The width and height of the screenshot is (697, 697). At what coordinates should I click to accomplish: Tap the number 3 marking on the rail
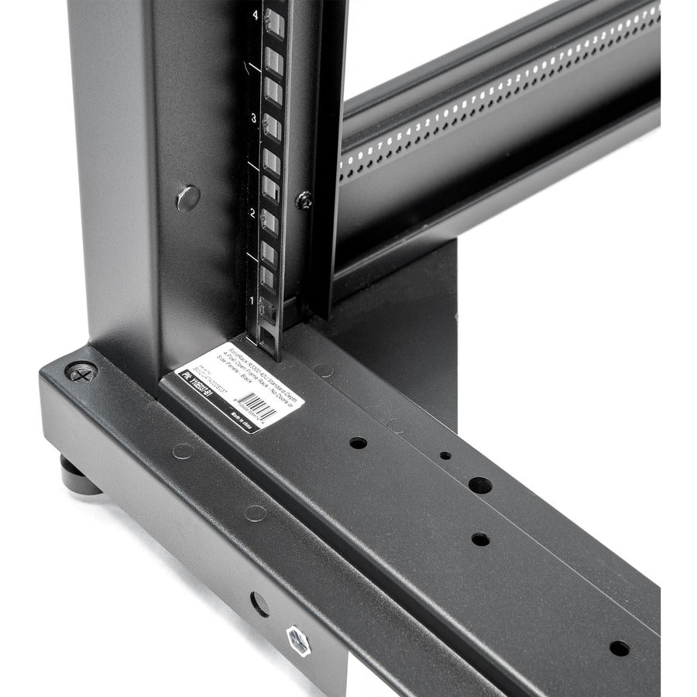coord(254,118)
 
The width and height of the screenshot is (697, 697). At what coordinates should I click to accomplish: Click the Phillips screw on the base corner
coord(81,372)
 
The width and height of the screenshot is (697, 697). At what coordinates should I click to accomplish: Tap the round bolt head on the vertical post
coord(187,197)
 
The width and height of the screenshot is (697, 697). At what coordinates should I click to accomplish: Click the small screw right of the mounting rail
coord(304,199)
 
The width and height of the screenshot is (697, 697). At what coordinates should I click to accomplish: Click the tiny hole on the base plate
coord(445,455)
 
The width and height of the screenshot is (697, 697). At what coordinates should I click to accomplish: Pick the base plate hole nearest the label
coord(358,444)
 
